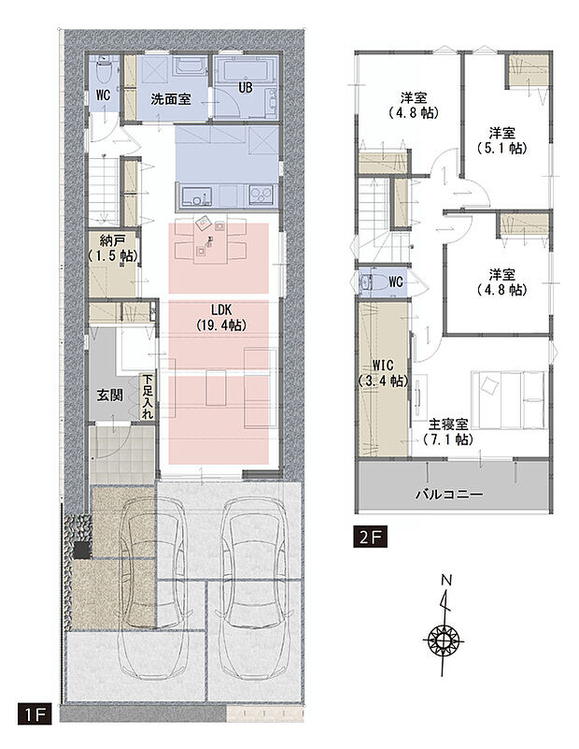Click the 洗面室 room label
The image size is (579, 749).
click(172, 98)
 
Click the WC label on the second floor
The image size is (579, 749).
click(395, 281)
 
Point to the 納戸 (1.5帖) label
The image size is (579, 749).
click(112, 247)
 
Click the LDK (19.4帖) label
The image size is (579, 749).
click(220, 318)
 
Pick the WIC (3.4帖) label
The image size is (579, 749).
click(383, 373)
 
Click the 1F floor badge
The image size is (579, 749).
click(35, 716)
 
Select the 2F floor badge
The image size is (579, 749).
click(368, 537)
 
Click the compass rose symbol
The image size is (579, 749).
click(445, 641)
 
